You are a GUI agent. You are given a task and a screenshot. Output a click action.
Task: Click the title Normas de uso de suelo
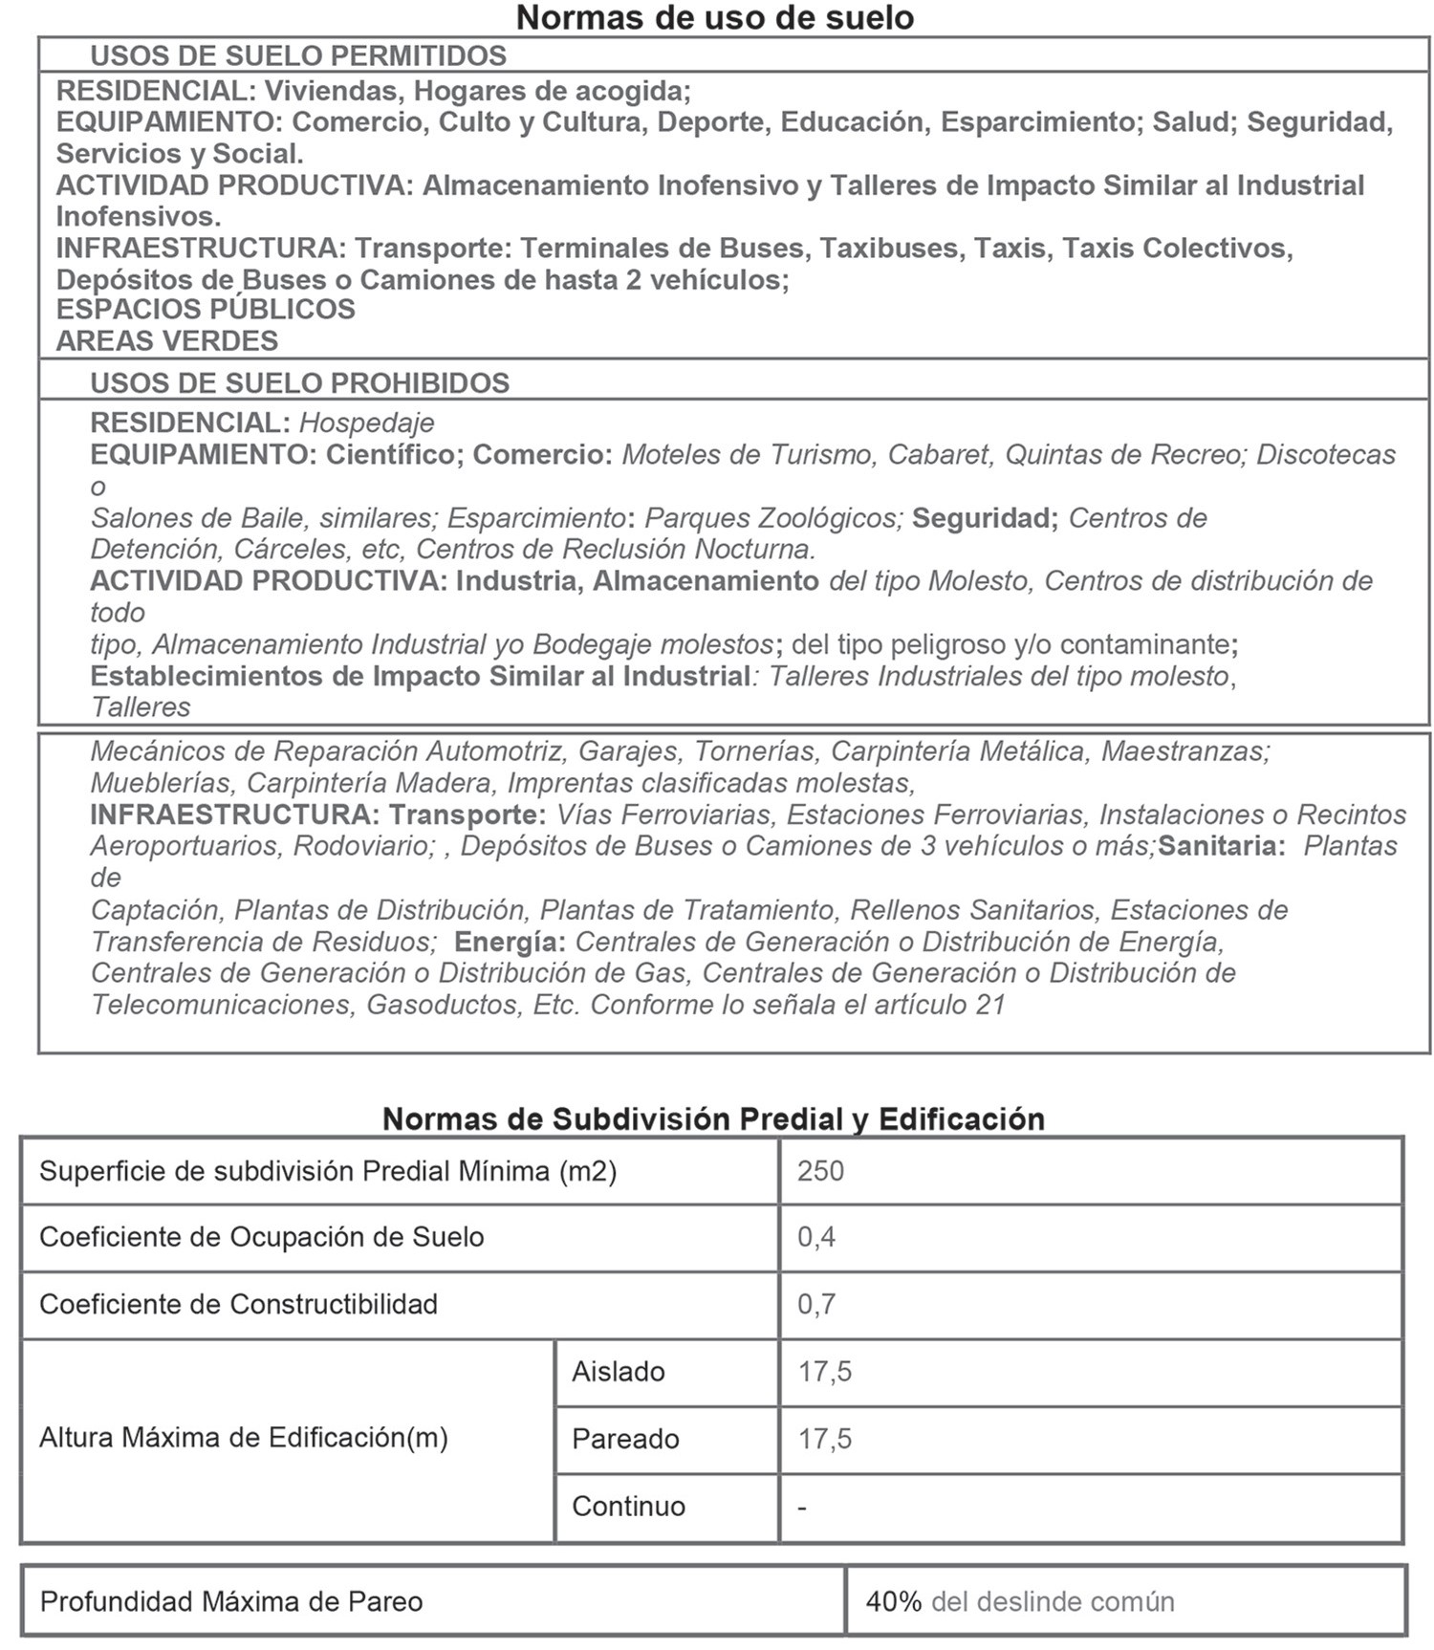[x=714, y=17]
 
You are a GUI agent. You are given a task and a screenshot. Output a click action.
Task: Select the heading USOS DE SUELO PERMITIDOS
[x=298, y=55]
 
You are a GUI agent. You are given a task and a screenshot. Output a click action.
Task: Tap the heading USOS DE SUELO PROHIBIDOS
[x=299, y=382]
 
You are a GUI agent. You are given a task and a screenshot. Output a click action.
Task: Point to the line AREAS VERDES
[x=167, y=340]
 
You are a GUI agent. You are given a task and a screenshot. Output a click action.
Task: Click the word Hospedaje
[x=367, y=423]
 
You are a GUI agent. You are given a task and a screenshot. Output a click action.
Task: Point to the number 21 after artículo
[x=990, y=1005]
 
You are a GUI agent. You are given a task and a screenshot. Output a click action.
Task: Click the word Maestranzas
[x=1185, y=751]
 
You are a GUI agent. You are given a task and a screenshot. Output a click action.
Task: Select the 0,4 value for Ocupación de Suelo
[x=816, y=1237]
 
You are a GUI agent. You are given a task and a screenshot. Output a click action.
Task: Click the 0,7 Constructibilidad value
[x=816, y=1304]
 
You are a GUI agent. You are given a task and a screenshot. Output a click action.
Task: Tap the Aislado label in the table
[x=619, y=1372]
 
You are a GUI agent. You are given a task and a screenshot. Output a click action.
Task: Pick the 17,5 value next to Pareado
[x=825, y=1439]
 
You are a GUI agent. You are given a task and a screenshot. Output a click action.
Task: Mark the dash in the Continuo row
[x=802, y=1507]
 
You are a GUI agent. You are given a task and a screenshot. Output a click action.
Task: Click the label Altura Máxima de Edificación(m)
[x=244, y=1438]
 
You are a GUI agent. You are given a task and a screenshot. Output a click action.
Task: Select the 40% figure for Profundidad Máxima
[x=893, y=1601]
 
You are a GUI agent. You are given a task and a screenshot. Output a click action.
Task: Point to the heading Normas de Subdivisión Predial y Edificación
[x=713, y=1118]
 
